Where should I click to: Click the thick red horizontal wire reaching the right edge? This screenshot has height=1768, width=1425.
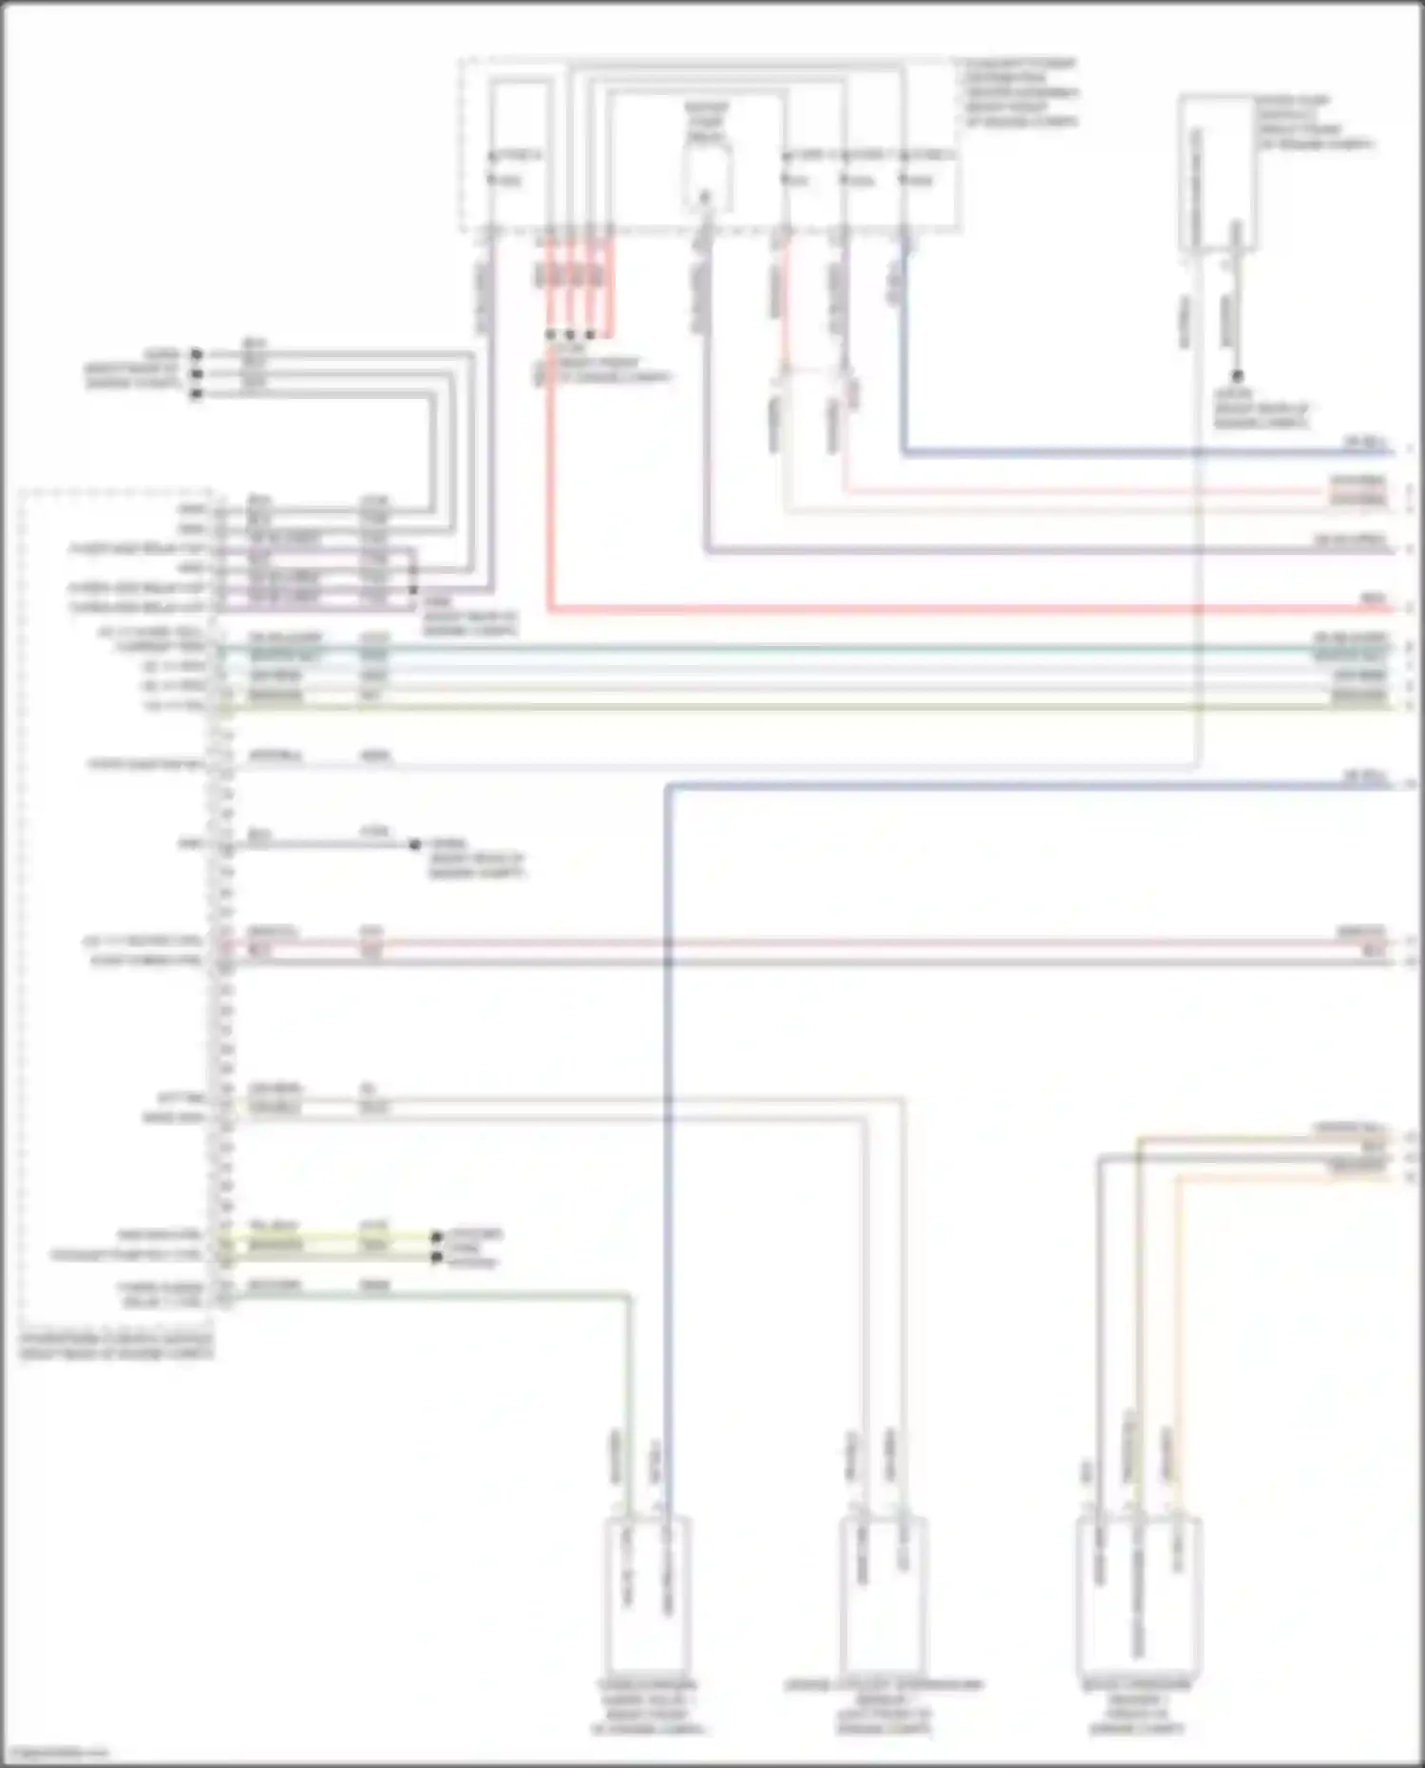950,609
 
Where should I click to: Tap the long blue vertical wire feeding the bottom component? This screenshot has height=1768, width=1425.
668,1140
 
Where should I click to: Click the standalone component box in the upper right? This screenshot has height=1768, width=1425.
1216,171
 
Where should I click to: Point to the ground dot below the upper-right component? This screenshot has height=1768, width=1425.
1237,377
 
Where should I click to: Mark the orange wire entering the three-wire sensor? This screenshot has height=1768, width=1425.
1176,1330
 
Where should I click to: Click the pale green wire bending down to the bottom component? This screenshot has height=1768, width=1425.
628,1378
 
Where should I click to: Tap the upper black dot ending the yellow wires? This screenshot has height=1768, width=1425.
436,1237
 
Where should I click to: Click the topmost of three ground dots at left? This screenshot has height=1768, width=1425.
197,354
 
